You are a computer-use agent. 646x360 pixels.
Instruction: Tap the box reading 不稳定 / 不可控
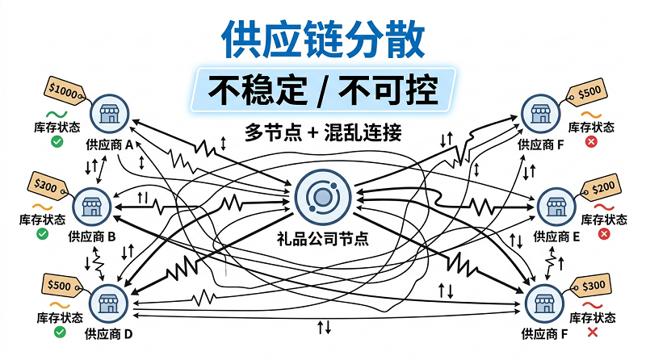pos(323,90)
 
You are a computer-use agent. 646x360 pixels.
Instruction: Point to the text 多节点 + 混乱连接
pos(323,132)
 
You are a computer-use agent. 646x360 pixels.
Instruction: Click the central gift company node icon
pos(322,195)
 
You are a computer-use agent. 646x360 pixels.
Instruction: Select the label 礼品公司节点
pos(322,239)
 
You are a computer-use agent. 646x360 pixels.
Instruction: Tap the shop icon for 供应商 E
pos(553,207)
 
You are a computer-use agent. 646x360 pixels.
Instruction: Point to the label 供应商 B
pos(93,237)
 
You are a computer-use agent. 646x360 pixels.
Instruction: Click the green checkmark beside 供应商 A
pos(57,142)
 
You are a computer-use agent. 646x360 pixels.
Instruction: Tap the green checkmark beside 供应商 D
pos(57,332)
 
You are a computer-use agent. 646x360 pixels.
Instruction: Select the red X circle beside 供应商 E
pos(602,234)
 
